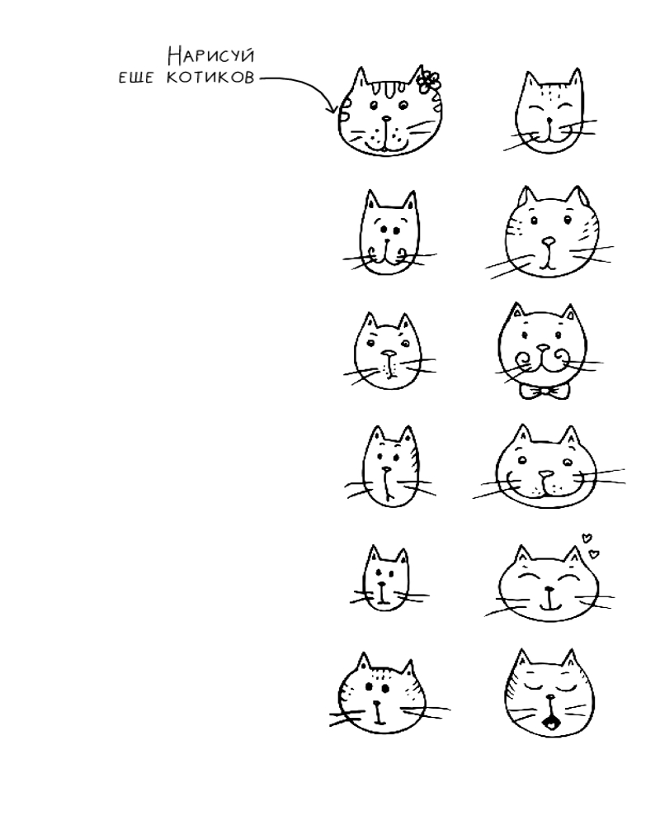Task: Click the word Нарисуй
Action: [x=211, y=55]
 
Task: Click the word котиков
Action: [x=210, y=78]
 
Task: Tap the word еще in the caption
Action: [x=136, y=78]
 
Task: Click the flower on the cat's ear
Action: [x=429, y=81]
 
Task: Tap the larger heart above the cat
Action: [x=594, y=553]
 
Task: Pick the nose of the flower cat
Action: [x=387, y=119]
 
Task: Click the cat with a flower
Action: [x=389, y=112]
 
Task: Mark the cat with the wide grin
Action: [x=547, y=466]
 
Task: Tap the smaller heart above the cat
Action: [x=586, y=538]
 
